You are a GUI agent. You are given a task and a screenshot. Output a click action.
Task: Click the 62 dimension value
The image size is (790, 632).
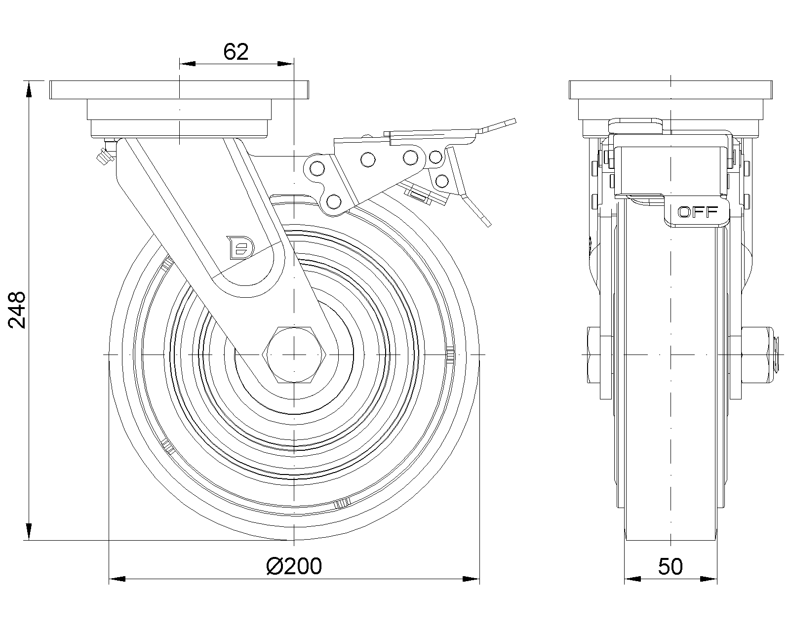(236, 52)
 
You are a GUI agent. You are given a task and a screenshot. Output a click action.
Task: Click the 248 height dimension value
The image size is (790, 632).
(18, 310)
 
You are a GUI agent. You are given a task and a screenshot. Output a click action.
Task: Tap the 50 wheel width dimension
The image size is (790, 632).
(671, 566)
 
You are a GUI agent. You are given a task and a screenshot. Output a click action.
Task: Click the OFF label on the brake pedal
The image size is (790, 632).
(698, 212)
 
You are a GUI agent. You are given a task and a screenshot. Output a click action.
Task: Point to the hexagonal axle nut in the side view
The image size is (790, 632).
(294, 355)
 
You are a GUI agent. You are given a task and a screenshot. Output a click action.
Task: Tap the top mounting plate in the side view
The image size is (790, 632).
(671, 89)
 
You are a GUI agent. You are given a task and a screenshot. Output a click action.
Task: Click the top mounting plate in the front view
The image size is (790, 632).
(180, 89)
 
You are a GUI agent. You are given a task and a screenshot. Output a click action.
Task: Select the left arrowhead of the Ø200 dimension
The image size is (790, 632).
(116, 578)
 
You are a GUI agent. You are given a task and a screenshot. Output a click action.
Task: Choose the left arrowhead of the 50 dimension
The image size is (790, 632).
(632, 578)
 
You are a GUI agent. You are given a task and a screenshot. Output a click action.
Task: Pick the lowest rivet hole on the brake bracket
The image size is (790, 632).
(334, 201)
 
